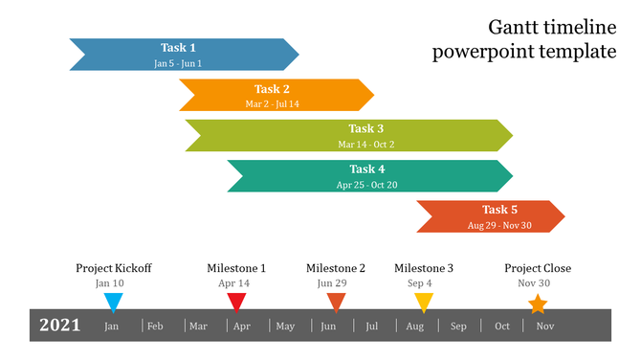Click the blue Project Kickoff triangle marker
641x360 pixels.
[113, 302]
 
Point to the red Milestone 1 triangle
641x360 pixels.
[236, 302]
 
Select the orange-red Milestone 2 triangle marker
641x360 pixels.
[336, 302]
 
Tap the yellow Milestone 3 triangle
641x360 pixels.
[424, 302]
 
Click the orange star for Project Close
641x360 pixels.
[538, 304]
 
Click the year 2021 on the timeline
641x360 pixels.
[59, 326]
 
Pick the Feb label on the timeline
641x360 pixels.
[155, 326]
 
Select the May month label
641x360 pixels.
[285, 326]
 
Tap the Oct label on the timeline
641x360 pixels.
[502, 326]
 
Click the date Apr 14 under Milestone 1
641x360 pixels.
[233, 283]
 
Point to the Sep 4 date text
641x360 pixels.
[419, 283]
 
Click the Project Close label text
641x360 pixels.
[538, 268]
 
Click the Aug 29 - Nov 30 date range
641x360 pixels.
[498, 226]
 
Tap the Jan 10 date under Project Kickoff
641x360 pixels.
[110, 283]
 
